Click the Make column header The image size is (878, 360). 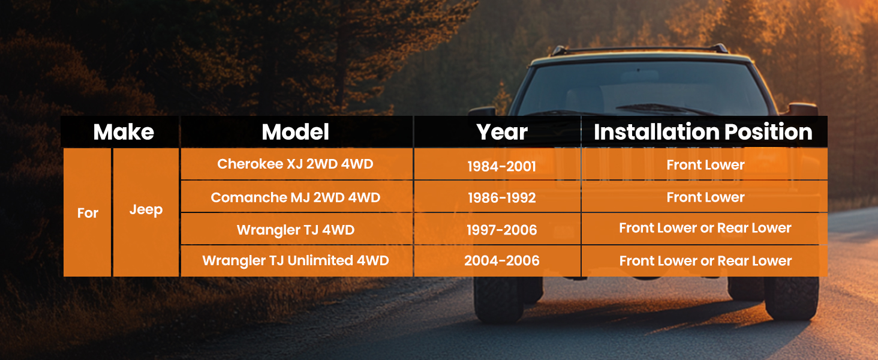coord(124,132)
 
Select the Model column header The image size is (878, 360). coord(296,132)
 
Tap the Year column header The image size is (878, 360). coord(502,132)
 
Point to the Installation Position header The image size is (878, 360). coord(703,132)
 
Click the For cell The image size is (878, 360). coord(88,213)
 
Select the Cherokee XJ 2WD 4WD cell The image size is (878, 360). coord(295,164)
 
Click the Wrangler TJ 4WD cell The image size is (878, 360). coord(296,230)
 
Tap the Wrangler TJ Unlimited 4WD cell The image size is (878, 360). coord(296,260)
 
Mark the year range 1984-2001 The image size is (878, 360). coord(502,166)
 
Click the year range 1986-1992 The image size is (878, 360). coord(502,197)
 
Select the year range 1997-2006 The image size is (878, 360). coord(502,230)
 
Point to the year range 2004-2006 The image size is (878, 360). coord(502,260)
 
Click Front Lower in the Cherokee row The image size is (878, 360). coord(705,165)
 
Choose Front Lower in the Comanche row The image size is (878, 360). coord(705,197)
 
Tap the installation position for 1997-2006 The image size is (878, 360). coord(705,228)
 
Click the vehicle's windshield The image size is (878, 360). coord(643,88)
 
